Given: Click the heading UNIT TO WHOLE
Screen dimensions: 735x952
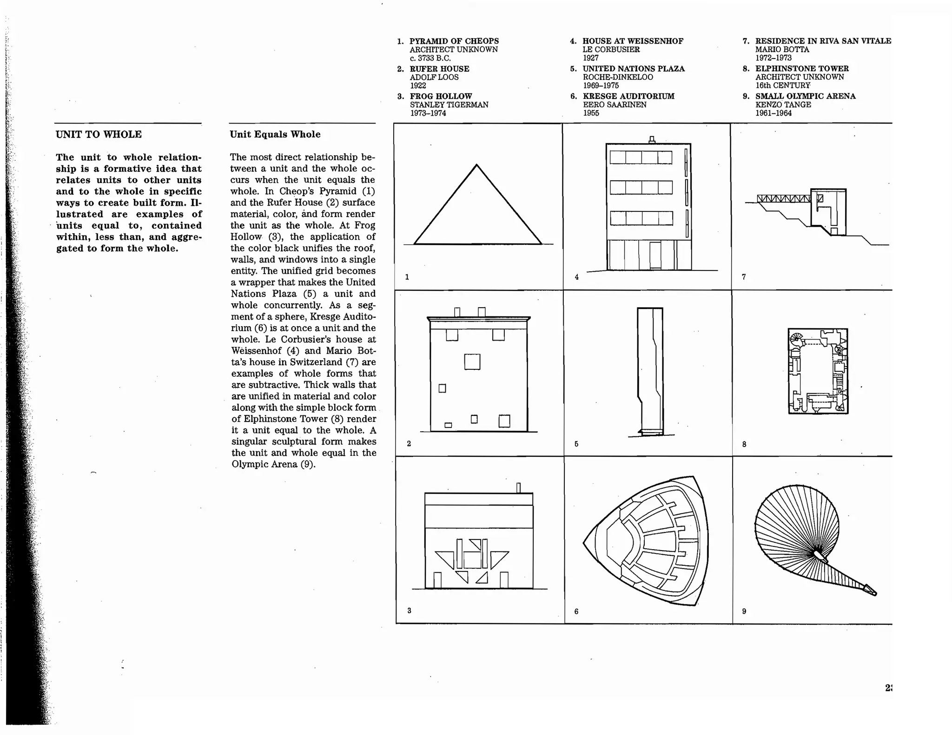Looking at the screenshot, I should click(x=99, y=134).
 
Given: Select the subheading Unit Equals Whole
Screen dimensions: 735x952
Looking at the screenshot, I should click(x=275, y=134).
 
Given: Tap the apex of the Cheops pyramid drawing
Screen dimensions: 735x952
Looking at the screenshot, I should click(x=476, y=165).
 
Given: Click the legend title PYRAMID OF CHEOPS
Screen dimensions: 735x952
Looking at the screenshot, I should click(x=454, y=41).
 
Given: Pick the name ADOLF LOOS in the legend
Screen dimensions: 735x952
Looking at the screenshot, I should click(x=434, y=77).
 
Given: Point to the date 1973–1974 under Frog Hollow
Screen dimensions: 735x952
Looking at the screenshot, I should click(x=428, y=113).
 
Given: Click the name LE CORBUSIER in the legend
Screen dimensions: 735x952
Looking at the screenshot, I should click(x=611, y=49).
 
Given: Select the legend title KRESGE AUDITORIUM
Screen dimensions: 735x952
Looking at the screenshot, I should click(x=628, y=96).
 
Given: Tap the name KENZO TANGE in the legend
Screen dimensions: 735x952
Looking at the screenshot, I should click(x=783, y=105).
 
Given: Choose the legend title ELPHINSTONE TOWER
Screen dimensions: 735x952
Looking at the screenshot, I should click(x=802, y=68).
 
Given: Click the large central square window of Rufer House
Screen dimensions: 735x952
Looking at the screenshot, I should click(x=472, y=361).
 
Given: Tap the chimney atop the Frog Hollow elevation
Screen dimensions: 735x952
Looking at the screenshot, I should click(x=518, y=487).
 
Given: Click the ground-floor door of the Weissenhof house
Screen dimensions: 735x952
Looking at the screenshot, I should click(x=655, y=255).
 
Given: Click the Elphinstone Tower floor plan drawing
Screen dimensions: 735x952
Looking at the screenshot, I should click(x=818, y=371).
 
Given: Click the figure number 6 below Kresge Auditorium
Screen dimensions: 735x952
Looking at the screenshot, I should click(x=576, y=611).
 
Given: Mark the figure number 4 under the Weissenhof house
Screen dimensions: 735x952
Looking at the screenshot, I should click(x=576, y=277).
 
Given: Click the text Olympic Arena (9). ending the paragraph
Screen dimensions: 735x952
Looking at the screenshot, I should click(x=273, y=464).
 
